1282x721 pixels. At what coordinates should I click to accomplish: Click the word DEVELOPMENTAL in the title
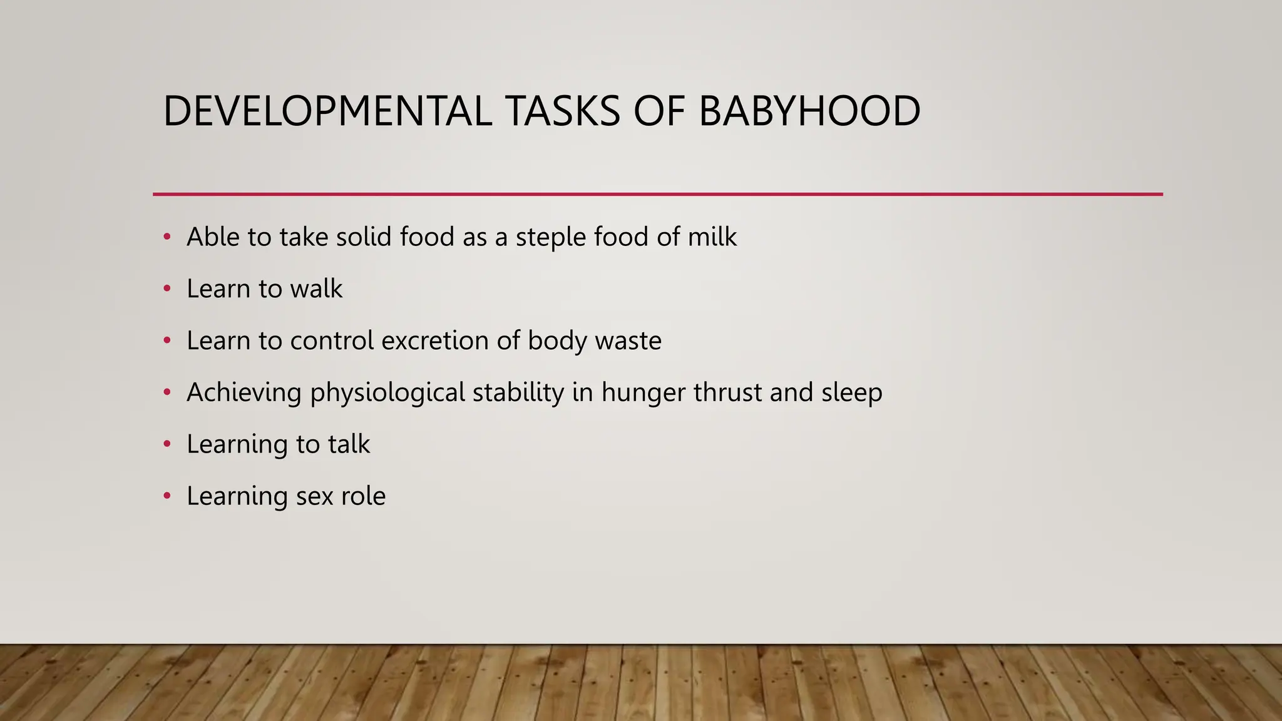pyautogui.click(x=327, y=111)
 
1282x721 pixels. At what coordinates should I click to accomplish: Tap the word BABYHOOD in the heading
pyautogui.click(x=809, y=111)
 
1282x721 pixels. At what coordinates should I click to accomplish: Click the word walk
pyautogui.click(x=316, y=289)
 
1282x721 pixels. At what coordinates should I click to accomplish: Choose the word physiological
pyautogui.click(x=387, y=393)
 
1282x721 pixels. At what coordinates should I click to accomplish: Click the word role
pyautogui.click(x=363, y=496)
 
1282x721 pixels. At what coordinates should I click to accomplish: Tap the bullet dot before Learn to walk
pyautogui.click(x=167, y=289)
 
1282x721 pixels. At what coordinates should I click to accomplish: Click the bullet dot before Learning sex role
pyautogui.click(x=167, y=496)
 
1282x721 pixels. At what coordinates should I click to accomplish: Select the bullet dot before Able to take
pyautogui.click(x=167, y=237)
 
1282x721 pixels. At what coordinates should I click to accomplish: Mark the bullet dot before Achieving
pyautogui.click(x=167, y=392)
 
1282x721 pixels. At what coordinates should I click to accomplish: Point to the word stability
pyautogui.click(x=518, y=393)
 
